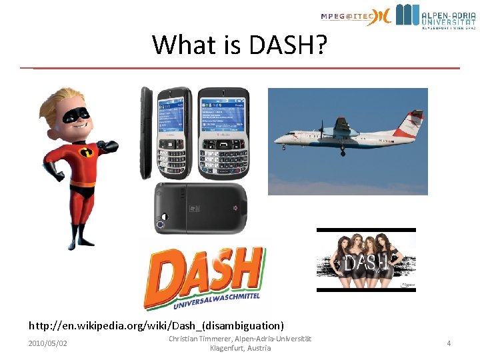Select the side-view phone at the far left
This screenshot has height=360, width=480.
[x=146, y=133]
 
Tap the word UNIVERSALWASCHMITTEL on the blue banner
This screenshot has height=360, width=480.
[x=217, y=300]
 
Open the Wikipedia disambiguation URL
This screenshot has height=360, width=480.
[x=156, y=326]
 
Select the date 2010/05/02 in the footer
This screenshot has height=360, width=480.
[x=47, y=343]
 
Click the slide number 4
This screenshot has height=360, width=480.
[x=449, y=343]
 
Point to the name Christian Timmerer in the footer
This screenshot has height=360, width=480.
[x=198, y=339]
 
